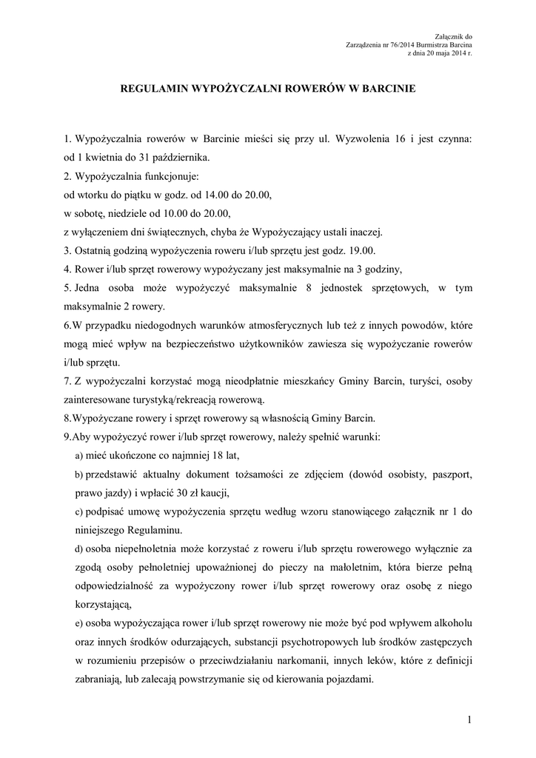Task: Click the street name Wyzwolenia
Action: click(x=359, y=138)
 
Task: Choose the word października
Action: click(x=180, y=157)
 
